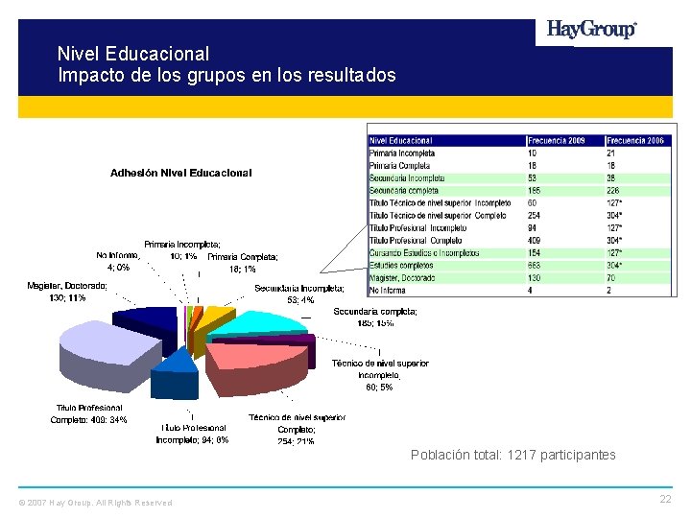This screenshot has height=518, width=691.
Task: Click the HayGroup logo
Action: [x=591, y=30]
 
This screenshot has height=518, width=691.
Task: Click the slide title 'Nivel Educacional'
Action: [x=132, y=54]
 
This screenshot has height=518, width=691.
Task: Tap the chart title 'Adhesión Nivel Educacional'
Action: [x=180, y=174]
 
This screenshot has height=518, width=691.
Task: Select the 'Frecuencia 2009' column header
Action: [x=557, y=141]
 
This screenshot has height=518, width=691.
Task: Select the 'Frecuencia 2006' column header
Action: [x=635, y=141]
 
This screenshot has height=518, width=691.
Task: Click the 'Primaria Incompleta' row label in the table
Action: [x=402, y=153]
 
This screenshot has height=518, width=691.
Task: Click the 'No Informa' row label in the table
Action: [x=389, y=291]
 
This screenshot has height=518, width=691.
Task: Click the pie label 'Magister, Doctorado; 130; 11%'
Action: [x=67, y=292]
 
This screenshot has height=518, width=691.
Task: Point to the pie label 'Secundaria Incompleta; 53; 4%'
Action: [x=298, y=294]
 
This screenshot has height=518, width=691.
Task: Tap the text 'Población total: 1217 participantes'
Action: [x=512, y=455]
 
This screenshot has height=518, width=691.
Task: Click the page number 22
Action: [x=665, y=499]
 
